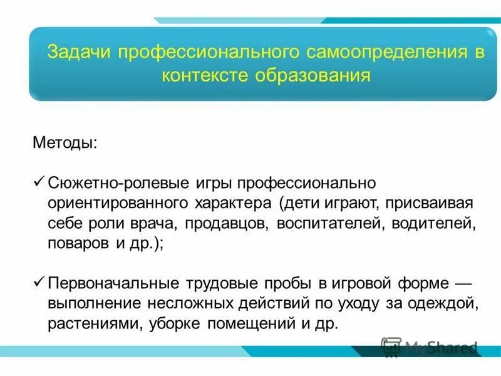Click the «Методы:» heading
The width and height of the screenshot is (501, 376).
pyautogui.click(x=65, y=144)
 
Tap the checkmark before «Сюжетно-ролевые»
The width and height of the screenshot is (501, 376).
pyautogui.click(x=37, y=182)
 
